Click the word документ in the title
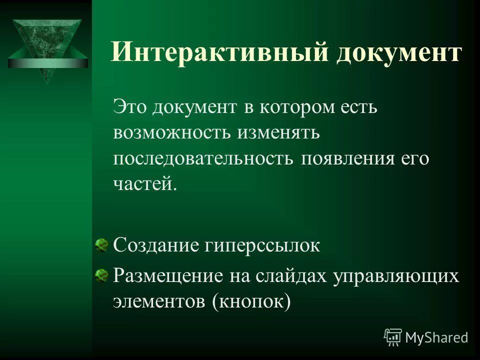pos(398,52)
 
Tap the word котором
pos(291,106)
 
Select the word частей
pos(145,184)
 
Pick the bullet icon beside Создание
pos(101,244)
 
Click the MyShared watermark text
pos(436,337)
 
